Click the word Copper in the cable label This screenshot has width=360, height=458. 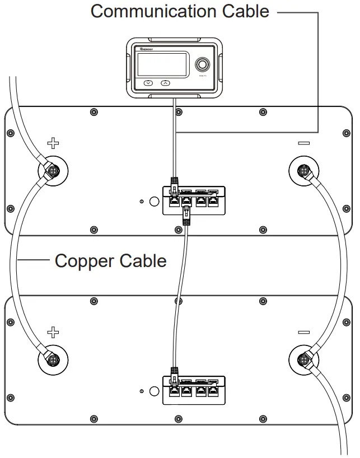[x=81, y=261]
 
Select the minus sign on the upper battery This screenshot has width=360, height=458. [x=304, y=143]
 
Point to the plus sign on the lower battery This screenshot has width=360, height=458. [x=53, y=333]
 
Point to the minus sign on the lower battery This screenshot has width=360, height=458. [x=304, y=333]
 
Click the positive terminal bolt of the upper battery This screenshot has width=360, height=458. [x=53, y=169]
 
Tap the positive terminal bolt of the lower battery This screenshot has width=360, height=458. [x=53, y=358]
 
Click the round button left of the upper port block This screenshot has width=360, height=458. [x=152, y=201]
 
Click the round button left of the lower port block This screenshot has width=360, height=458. [x=152, y=390]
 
